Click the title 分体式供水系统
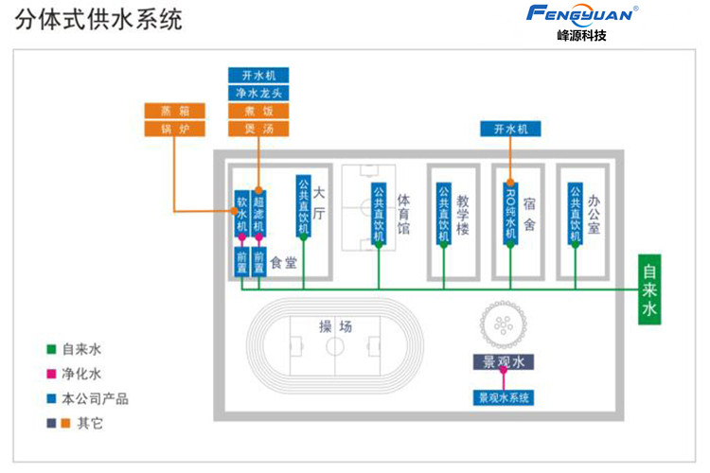pyautogui.click(x=98, y=19)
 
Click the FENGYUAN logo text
pyautogui.click(x=582, y=13)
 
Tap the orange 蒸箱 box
pyautogui.click(x=175, y=110)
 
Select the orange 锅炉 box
pyautogui.click(x=175, y=128)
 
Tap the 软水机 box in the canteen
pyautogui.click(x=241, y=215)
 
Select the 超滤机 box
pyautogui.click(x=258, y=215)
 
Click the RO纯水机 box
pyautogui.click(x=511, y=214)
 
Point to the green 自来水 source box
pyautogui.click(x=648, y=289)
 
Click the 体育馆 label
pyautogui.click(x=404, y=215)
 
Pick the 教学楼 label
pyautogui.click(x=463, y=215)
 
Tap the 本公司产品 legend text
pyautogui.click(x=95, y=398)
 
